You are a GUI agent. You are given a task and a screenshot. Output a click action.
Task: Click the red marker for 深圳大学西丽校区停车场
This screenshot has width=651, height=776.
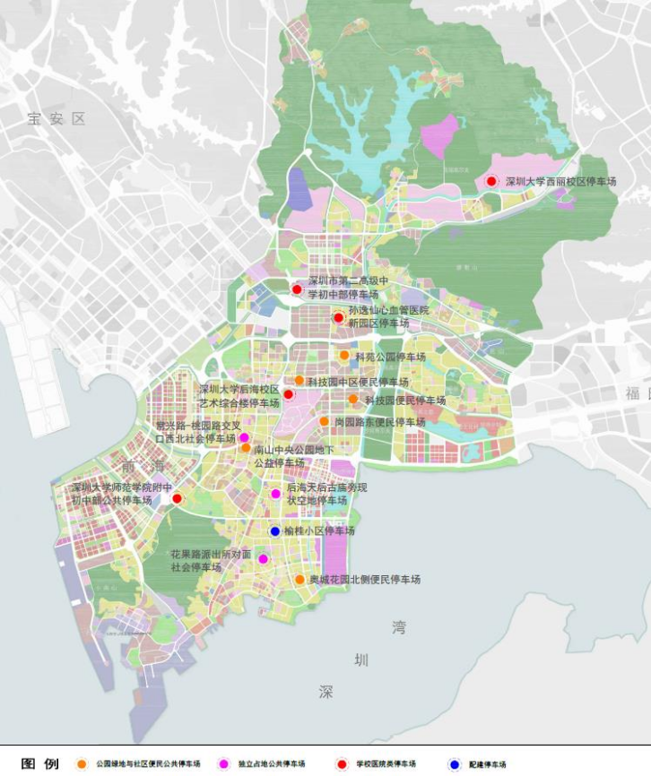click(x=491, y=181)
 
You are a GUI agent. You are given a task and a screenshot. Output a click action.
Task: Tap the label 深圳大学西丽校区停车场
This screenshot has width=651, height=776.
click(x=560, y=181)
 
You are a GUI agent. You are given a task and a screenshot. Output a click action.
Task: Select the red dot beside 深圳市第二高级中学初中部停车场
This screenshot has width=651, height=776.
click(x=297, y=289)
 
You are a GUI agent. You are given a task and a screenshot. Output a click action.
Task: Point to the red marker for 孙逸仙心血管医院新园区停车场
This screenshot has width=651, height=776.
click(x=338, y=317)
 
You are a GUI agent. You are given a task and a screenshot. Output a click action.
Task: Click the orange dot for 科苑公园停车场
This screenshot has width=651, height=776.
click(x=344, y=355)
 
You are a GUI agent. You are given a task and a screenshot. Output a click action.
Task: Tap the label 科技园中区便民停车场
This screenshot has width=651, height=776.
click(x=358, y=382)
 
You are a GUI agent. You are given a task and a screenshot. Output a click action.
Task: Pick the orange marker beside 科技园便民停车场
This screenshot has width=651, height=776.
click(x=353, y=399)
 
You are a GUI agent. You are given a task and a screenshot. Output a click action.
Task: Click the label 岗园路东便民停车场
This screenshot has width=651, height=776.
click(x=379, y=422)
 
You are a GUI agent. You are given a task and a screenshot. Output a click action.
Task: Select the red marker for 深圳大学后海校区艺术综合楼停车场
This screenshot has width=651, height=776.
click(x=289, y=394)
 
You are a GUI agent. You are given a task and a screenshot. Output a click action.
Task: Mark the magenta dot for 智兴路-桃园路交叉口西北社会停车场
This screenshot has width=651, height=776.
click(x=243, y=437)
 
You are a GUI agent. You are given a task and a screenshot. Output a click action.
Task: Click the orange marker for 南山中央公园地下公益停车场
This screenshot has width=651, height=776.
click(x=246, y=448)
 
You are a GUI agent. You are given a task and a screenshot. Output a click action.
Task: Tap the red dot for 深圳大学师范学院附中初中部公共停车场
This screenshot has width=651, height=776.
click(x=177, y=498)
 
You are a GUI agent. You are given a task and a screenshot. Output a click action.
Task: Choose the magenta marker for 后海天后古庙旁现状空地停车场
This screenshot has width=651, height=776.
click(x=276, y=493)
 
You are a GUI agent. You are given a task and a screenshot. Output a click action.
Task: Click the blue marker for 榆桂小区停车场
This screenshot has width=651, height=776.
click(x=275, y=531)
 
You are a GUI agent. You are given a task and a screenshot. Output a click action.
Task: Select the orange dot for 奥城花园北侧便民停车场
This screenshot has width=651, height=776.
click(x=299, y=580)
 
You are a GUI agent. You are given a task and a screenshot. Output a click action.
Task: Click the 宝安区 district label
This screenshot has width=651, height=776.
click(x=55, y=118)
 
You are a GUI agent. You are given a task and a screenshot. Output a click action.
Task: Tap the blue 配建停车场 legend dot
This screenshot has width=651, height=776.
click(x=455, y=764)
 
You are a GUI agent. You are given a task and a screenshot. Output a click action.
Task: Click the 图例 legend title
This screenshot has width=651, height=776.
click(x=40, y=763)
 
